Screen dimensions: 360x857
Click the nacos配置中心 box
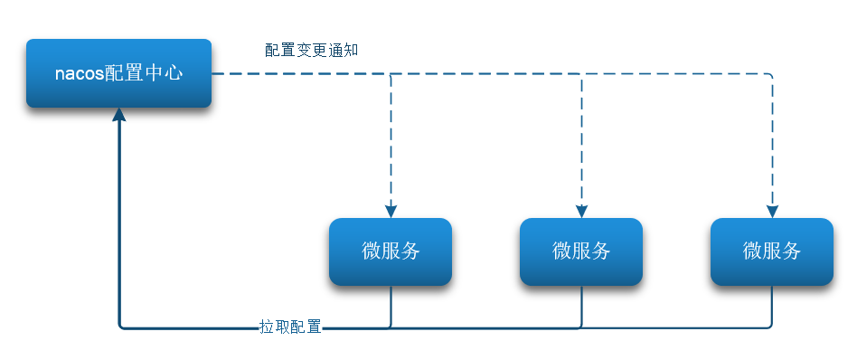click(118, 73)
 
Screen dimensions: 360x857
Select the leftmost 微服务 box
click(391, 251)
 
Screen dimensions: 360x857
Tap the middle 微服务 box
click(581, 251)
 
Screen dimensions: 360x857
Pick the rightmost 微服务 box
click(772, 251)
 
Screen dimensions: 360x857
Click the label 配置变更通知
click(312, 50)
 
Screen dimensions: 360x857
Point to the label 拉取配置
click(290, 327)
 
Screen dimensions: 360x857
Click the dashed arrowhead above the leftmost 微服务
click(391, 211)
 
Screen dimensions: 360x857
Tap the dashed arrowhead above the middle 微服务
click(581, 211)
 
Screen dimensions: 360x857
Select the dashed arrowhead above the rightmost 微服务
click(772, 211)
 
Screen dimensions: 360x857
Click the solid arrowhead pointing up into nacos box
click(118, 116)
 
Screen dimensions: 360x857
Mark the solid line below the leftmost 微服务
click(391, 306)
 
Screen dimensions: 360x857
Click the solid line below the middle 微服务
click(581, 306)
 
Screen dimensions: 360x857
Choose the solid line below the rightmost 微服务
click(772, 306)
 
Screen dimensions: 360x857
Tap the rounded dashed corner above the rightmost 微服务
click(770, 76)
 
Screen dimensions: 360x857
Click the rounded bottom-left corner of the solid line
click(121, 325)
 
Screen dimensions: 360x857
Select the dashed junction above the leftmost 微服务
click(391, 74)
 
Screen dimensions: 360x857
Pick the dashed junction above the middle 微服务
click(581, 74)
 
